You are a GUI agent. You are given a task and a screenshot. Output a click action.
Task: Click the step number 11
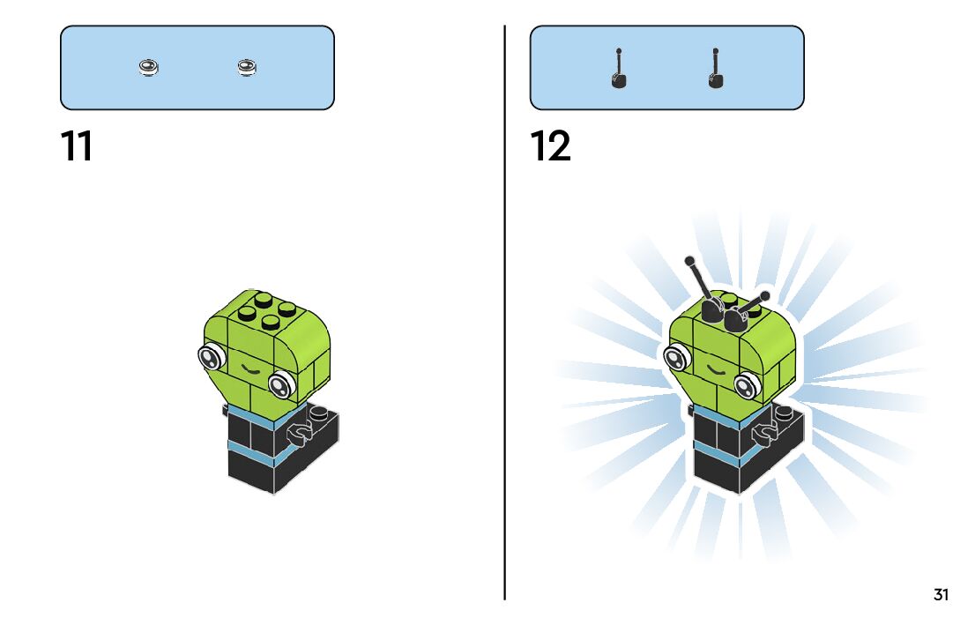pyautogui.click(x=77, y=146)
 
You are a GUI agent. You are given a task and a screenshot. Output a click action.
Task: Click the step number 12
pyautogui.click(x=550, y=146)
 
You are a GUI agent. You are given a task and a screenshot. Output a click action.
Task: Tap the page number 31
pyautogui.click(x=941, y=595)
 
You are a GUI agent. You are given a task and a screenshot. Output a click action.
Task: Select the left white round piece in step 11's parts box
pyautogui.click(x=150, y=67)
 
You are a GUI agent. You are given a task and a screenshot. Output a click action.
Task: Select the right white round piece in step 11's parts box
pyautogui.click(x=247, y=67)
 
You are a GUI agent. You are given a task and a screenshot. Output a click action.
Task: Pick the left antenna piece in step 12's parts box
pyautogui.click(x=619, y=71)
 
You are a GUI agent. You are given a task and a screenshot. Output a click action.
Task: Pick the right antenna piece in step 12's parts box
pyautogui.click(x=715, y=71)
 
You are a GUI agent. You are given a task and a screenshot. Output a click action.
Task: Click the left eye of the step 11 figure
pyautogui.click(x=210, y=357)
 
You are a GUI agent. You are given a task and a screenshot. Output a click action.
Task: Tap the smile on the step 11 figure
pyautogui.click(x=249, y=369)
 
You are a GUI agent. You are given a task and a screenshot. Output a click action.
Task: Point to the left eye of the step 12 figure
pyautogui.click(x=675, y=358)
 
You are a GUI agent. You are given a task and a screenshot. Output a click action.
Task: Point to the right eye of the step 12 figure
pyautogui.click(x=748, y=383)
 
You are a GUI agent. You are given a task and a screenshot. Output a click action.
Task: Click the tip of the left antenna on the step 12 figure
pyautogui.click(x=689, y=261)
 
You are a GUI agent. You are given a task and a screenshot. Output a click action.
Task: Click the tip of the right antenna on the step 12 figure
pyautogui.click(x=764, y=296)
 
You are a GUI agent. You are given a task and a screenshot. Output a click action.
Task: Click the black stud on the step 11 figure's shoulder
pyautogui.click(x=318, y=411)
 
